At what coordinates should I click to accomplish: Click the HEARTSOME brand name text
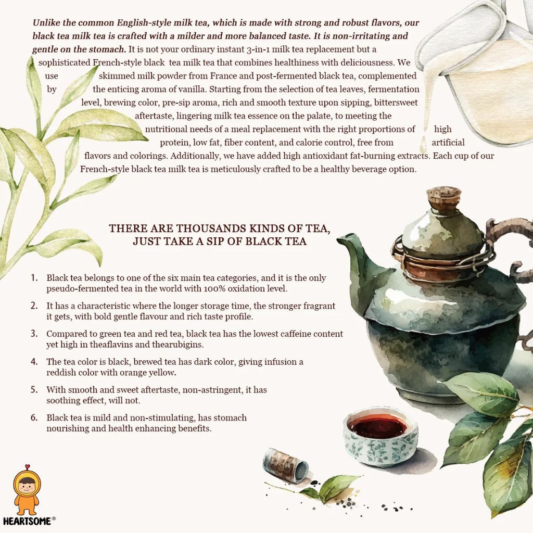(27, 521)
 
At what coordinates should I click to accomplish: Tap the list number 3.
(34, 334)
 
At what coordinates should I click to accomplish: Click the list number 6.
(34, 417)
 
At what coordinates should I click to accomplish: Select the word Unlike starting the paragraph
(46, 23)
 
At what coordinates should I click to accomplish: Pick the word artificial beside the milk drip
(448, 142)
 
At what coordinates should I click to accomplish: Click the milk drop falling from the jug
(423, 145)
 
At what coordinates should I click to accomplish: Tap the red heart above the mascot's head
(27, 466)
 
